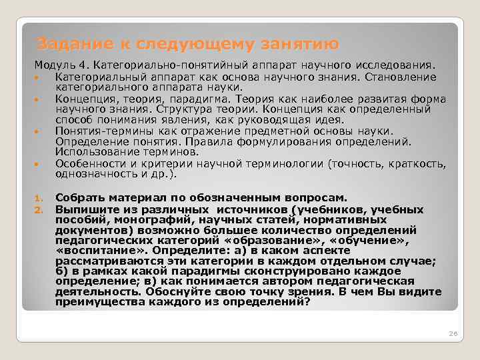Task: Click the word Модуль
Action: pyautogui.click(x=53, y=66)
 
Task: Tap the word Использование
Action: pyautogui.click(x=94, y=152)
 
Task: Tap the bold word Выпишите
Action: pyautogui.click(x=83, y=208)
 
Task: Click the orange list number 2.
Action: pyautogui.click(x=38, y=209)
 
